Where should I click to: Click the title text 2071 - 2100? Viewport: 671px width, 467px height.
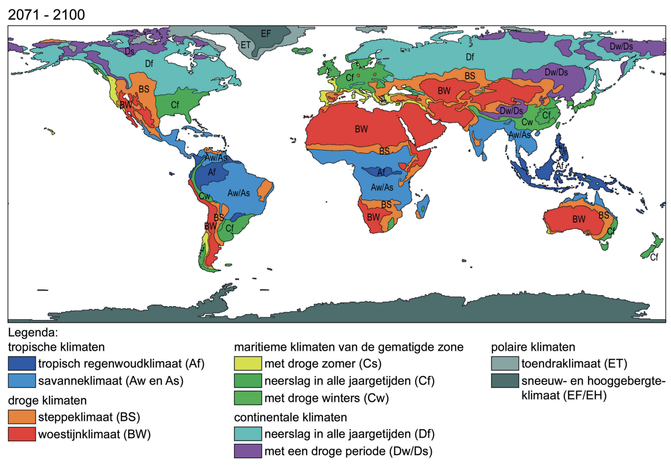(46, 15)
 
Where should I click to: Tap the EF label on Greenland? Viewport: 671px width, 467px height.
(265, 34)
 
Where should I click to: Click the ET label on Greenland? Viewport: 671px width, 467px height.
(245, 45)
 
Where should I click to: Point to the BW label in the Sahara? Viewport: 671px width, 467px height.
(361, 129)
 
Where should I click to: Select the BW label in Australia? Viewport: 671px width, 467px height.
(579, 219)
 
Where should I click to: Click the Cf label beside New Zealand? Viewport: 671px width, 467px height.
(654, 257)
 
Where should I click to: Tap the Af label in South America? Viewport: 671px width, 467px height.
(212, 172)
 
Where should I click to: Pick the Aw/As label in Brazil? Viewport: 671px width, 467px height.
(238, 193)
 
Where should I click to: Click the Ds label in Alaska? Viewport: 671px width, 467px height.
(129, 51)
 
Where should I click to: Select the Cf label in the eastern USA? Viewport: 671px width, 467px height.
(175, 105)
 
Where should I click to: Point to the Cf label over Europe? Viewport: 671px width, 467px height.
(350, 78)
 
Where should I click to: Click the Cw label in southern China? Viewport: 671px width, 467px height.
(527, 122)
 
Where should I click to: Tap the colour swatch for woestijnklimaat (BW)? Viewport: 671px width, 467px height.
(22, 434)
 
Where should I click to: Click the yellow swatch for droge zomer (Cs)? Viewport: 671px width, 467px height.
(248, 364)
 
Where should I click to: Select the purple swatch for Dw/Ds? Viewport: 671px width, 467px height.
(248, 451)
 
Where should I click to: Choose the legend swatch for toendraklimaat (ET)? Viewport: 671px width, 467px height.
(505, 364)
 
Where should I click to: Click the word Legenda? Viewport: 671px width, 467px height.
(33, 332)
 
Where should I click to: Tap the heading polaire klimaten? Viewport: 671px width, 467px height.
(533, 347)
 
